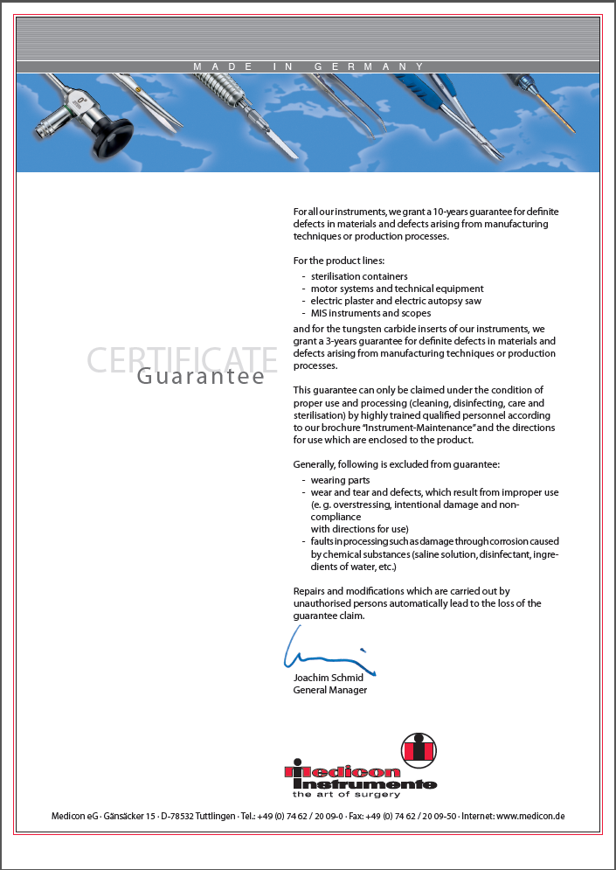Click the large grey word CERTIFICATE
182,359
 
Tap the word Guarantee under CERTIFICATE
201,377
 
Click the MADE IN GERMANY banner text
308,66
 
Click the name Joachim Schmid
328,678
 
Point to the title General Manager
329,690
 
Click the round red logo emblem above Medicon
418,749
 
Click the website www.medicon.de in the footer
530,816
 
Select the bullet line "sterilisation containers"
359,276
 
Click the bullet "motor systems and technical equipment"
397,289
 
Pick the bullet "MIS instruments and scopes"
370,313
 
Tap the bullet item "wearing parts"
340,480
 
